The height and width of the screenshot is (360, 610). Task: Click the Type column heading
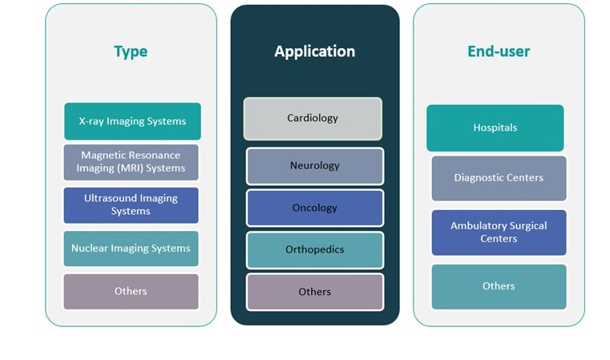click(x=131, y=52)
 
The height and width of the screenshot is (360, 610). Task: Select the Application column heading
click(x=314, y=52)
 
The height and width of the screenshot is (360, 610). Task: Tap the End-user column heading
click(x=499, y=52)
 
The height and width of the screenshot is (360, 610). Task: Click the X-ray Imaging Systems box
click(x=132, y=122)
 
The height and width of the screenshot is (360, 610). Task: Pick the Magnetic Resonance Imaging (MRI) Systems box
click(x=131, y=162)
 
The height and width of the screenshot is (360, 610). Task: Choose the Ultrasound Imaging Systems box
click(x=131, y=205)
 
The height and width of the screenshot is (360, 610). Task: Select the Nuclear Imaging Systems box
click(x=131, y=249)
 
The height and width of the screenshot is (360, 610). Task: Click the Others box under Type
click(x=131, y=291)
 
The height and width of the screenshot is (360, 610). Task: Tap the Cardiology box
click(x=313, y=119)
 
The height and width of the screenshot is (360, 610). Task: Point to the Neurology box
click(x=314, y=166)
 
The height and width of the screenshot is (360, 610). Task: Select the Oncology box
click(x=314, y=208)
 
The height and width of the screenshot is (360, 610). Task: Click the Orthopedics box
click(x=314, y=249)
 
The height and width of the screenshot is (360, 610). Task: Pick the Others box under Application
click(x=314, y=292)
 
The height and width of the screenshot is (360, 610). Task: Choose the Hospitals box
click(x=495, y=127)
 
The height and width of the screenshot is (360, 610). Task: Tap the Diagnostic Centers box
click(x=499, y=178)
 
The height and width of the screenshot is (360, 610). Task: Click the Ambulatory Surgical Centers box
click(x=499, y=233)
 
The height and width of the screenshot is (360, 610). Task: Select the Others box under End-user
click(x=499, y=286)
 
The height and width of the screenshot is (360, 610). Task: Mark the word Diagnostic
click(x=478, y=178)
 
